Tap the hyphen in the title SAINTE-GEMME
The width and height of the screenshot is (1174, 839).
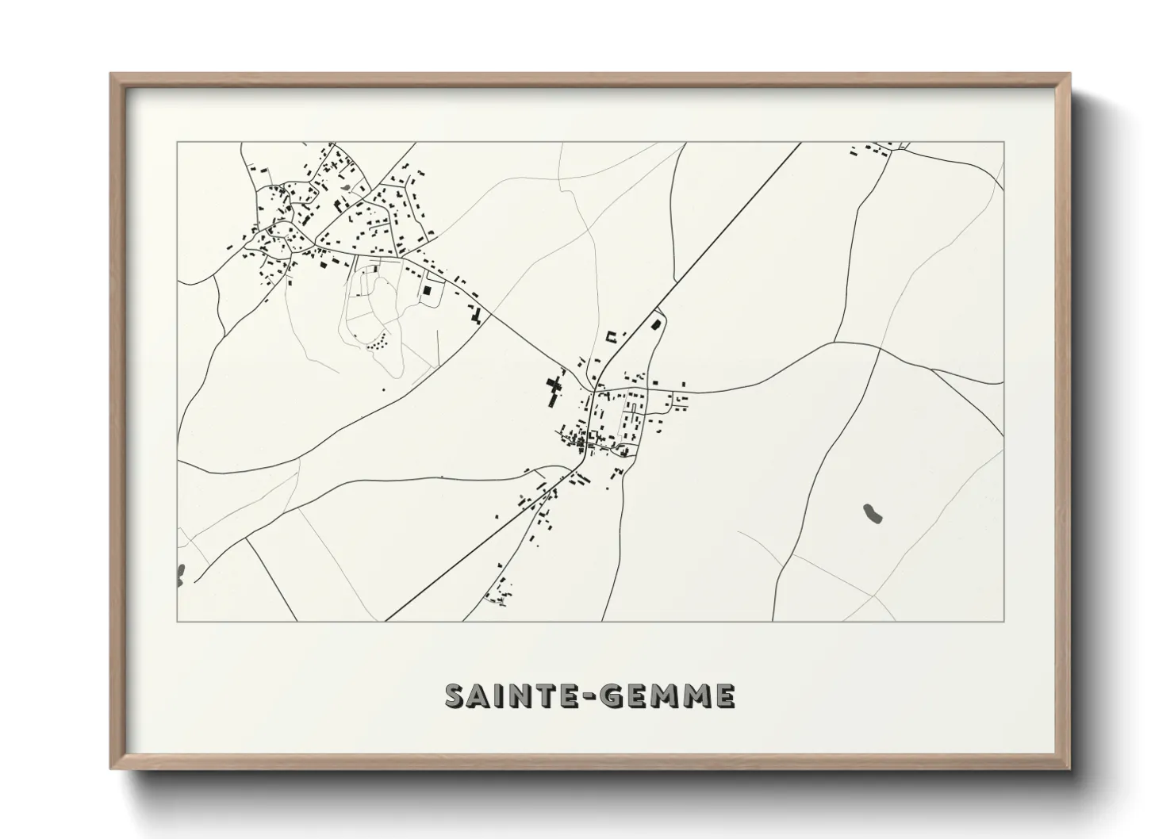588,696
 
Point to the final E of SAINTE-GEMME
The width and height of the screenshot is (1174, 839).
723,695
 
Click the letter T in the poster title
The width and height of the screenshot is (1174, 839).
540,695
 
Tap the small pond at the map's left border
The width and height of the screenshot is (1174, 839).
181,573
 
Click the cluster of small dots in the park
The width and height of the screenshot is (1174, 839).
378,342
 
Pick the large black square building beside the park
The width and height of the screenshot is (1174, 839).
428,291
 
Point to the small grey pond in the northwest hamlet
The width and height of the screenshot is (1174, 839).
347,187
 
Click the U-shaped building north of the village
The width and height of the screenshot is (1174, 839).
612,336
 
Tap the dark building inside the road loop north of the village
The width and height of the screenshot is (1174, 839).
656,323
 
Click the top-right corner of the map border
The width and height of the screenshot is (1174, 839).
1004,143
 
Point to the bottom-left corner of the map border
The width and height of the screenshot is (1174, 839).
178,621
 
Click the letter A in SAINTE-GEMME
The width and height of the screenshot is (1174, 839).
481,695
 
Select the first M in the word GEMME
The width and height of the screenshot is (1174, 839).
669,695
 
